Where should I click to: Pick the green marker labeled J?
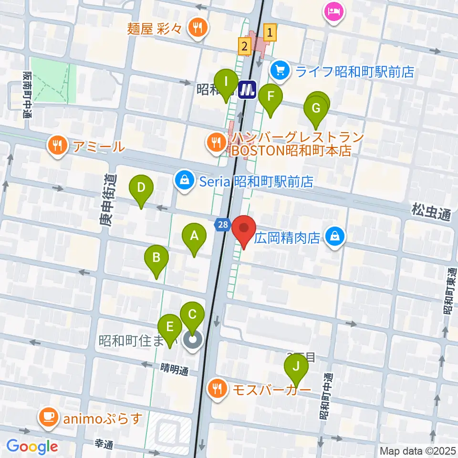296,367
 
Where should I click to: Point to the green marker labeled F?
271,97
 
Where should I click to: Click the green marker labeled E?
169,328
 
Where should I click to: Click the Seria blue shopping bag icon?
185,181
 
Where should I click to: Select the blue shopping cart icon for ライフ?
280,72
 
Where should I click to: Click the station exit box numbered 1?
270,33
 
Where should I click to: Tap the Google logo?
32,447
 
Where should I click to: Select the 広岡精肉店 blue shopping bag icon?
335,237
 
